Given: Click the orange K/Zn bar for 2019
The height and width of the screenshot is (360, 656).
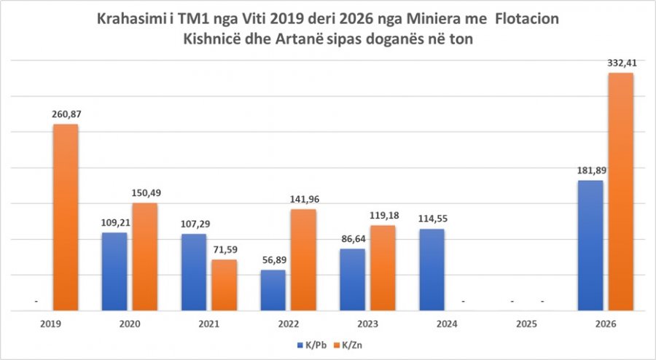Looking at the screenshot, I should tap(65, 217).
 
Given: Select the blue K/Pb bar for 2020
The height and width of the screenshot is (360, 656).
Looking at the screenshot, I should tap(114, 271).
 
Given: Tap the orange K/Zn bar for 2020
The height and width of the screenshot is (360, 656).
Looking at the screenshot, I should tap(144, 257).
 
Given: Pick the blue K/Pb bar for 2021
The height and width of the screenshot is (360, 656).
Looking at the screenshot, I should tap(193, 272).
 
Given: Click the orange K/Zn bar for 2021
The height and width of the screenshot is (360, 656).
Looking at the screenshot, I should tap(224, 285).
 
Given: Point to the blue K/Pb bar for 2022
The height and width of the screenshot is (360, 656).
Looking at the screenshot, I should tap(273, 290).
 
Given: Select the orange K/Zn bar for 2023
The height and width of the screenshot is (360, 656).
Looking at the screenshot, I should tap(382, 267).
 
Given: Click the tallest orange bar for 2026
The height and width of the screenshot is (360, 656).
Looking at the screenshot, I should tap(620, 192).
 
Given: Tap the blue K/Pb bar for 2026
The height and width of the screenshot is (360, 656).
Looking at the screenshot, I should tap(590, 246).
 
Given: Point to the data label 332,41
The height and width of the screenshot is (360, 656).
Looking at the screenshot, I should tap(621, 63).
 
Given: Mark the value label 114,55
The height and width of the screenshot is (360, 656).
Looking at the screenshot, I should tap(432, 219).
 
